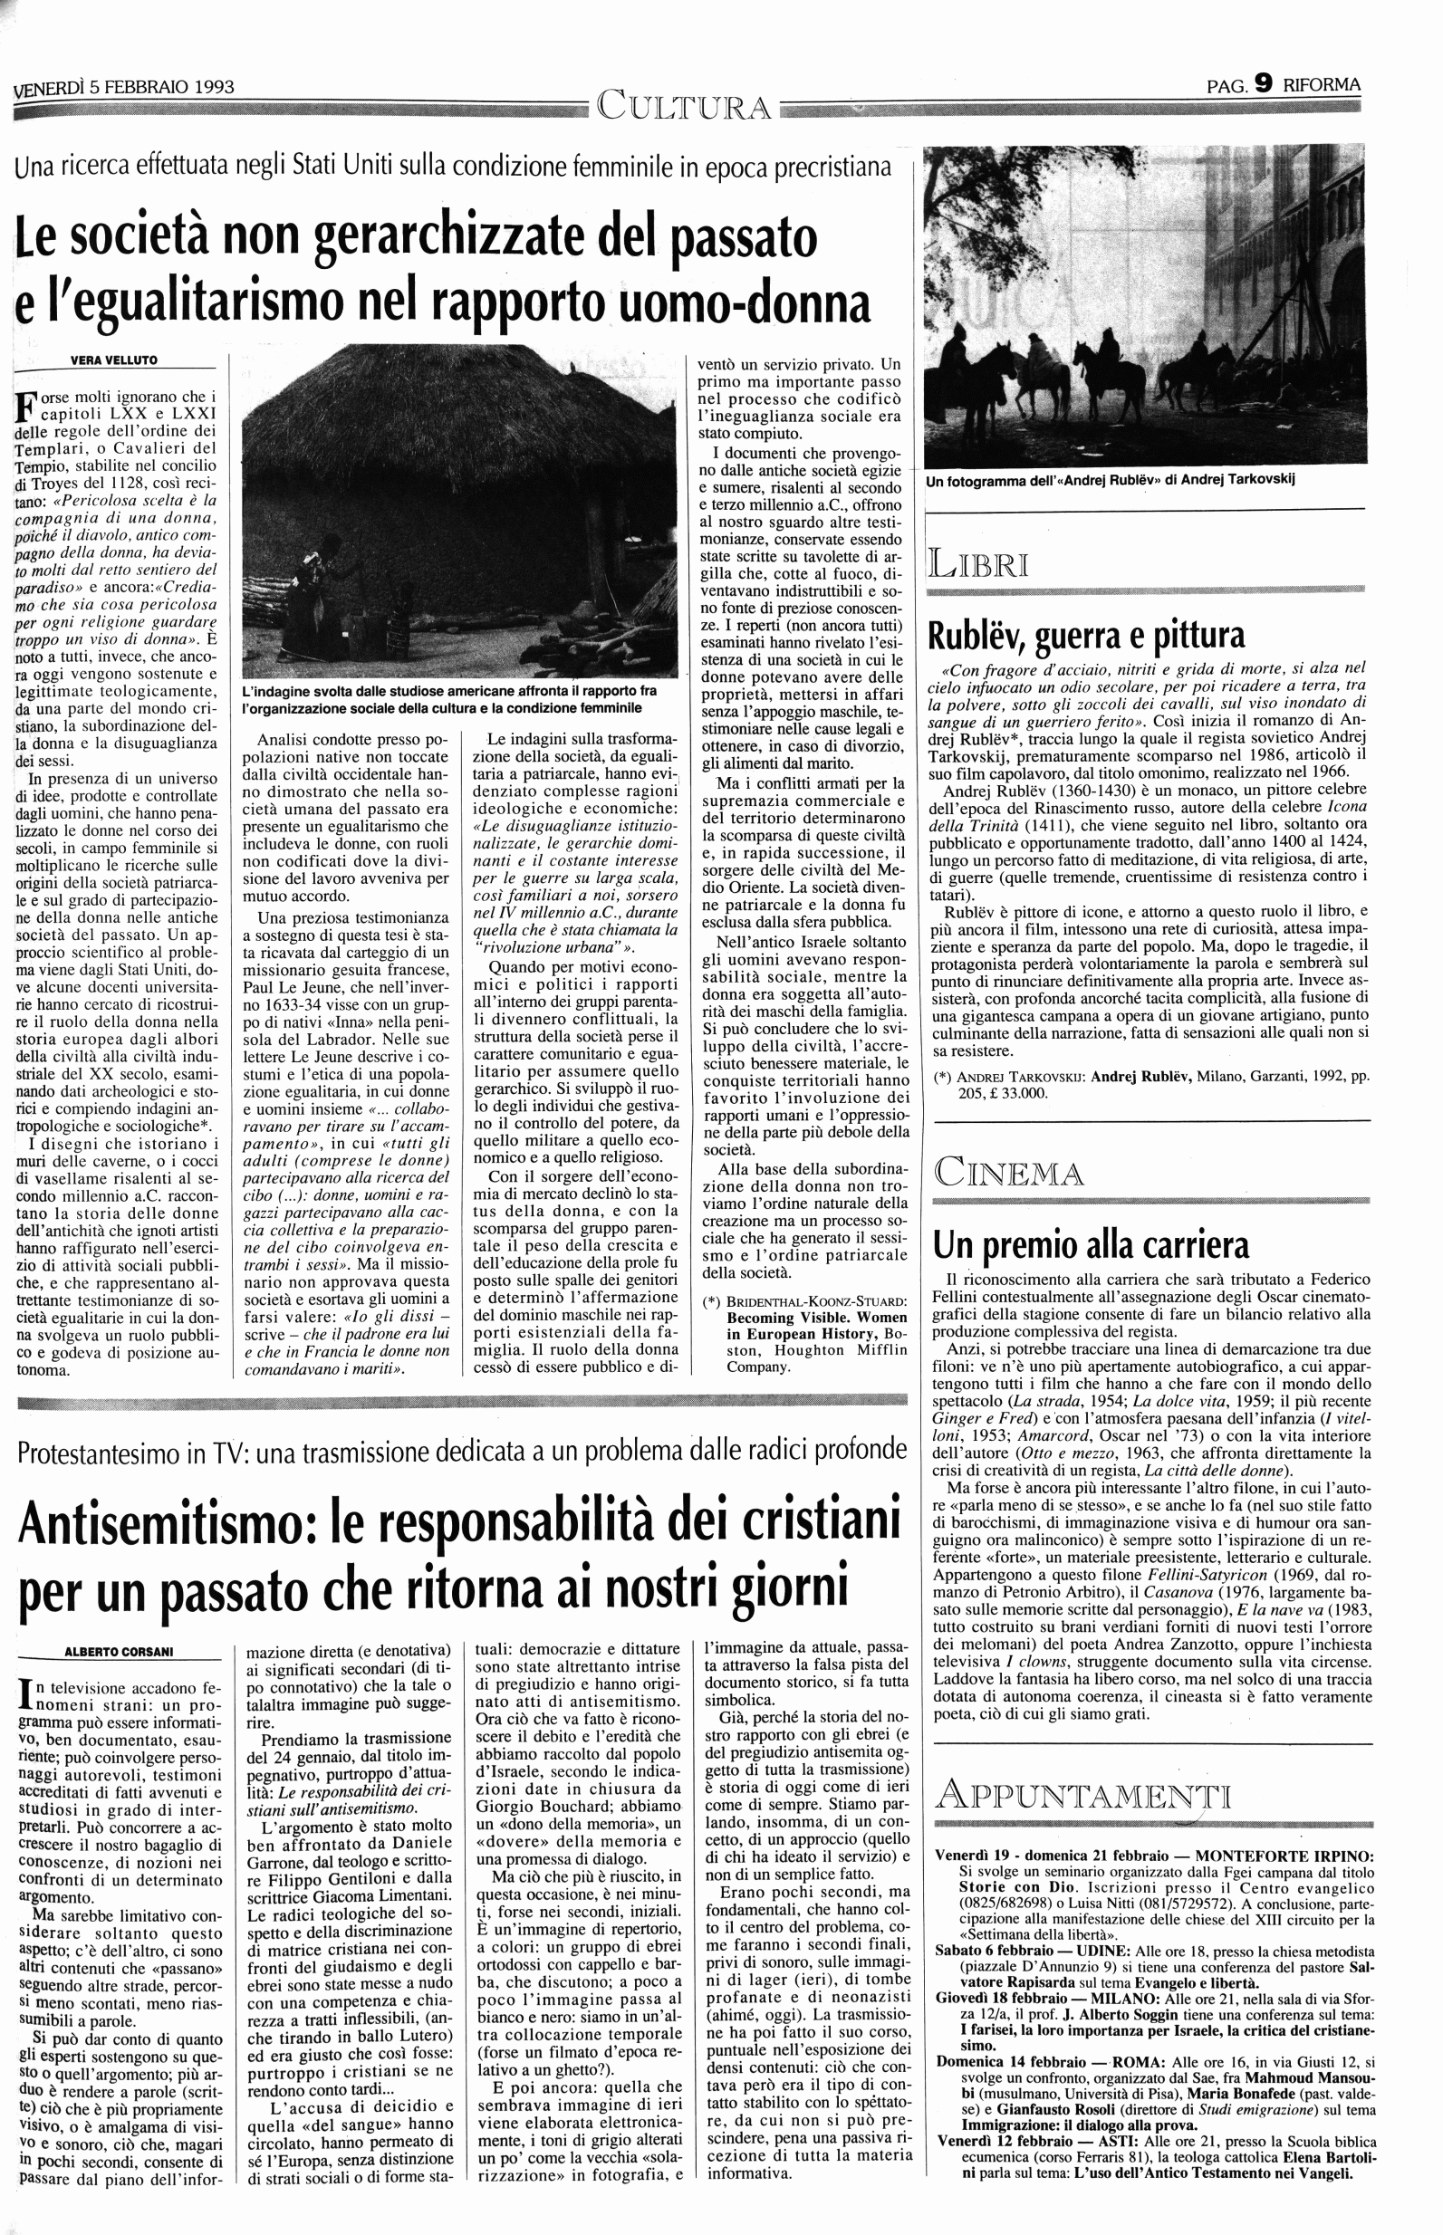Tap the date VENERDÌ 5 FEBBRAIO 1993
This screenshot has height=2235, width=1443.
pyautogui.click(x=126, y=88)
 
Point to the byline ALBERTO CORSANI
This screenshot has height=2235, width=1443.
pyautogui.click(x=118, y=1651)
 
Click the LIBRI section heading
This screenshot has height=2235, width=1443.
pyautogui.click(x=978, y=566)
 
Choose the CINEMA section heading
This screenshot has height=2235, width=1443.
pyautogui.click(x=1008, y=1173)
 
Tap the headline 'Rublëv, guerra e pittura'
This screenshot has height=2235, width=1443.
pyautogui.click(x=1085, y=636)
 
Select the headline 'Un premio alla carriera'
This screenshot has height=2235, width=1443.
pyautogui.click(x=1091, y=1245)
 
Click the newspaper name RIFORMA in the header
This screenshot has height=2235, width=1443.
pyautogui.click(x=1323, y=84)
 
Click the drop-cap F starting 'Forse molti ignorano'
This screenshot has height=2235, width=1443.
pyautogui.click(x=25, y=405)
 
